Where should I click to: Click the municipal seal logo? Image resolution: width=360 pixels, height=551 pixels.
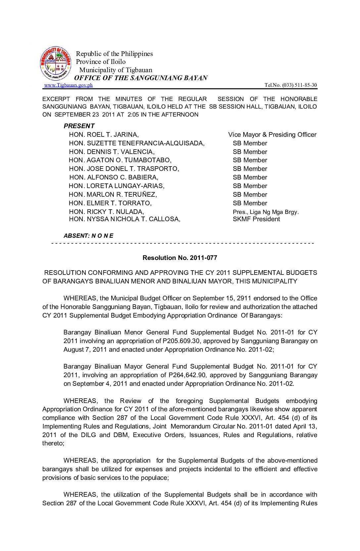pyautogui.click(x=56, y=63)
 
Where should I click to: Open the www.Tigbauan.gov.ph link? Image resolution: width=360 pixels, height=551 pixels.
pyautogui.click(x=68, y=85)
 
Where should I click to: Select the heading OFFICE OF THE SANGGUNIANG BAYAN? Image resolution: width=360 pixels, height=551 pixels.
pyautogui.click(x=141, y=78)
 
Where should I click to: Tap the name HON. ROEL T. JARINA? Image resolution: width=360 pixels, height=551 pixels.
pyautogui.click(x=104, y=134)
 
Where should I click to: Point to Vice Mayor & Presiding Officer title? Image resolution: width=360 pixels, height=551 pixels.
pyautogui.click(x=272, y=134)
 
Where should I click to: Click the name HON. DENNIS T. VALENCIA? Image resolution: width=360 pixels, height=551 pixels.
pyautogui.click(x=112, y=152)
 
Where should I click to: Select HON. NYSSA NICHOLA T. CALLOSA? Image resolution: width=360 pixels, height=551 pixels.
pyautogui.click(x=124, y=219)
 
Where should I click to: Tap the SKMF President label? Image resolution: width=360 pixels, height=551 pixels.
pyautogui.click(x=256, y=219)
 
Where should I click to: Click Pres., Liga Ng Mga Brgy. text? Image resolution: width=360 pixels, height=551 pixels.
pyautogui.click(x=265, y=212)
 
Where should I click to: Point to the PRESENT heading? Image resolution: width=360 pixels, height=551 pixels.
pyautogui.click(x=79, y=126)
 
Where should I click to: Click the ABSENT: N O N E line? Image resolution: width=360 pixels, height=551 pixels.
pyautogui.click(x=88, y=236)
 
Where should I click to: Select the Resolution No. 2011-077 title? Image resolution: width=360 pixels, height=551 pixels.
pyautogui.click(x=180, y=258)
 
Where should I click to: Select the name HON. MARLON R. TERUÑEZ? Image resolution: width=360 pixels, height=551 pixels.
pyautogui.click(x=112, y=194)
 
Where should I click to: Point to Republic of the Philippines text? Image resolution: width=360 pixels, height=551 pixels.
pyautogui.click(x=114, y=54)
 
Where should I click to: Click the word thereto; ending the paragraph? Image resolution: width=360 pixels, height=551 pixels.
pyautogui.click(x=53, y=443)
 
